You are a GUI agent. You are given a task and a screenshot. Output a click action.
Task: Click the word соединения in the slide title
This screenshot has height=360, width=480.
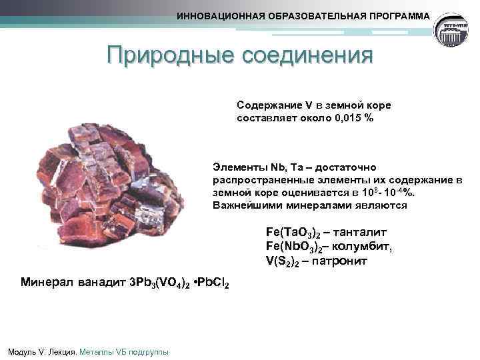point(305,56)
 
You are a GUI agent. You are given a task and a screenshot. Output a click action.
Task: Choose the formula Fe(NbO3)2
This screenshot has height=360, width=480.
point(293,247)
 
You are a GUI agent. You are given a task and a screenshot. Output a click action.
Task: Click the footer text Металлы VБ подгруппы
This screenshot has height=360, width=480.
point(124,351)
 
